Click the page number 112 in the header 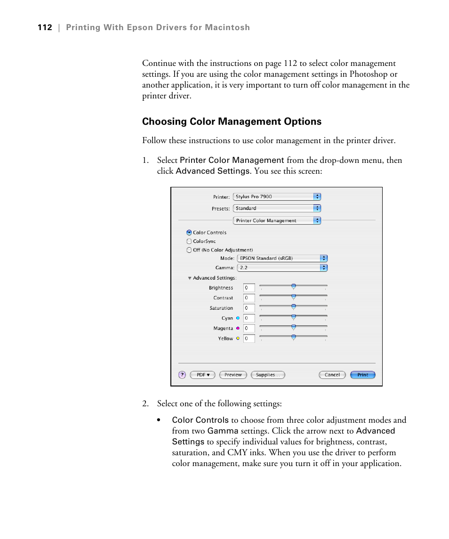(45, 28)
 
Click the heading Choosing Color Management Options (232, 121)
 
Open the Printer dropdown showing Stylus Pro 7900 (277, 197)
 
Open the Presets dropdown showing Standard (277, 208)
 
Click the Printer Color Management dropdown (277, 220)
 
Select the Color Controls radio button (189, 233)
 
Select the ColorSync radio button (189, 241)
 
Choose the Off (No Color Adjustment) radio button (189, 250)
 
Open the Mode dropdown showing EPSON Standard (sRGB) (282, 258)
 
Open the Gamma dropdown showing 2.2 (282, 267)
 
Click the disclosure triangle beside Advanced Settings (190, 278)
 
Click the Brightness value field (249, 288)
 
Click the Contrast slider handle (293, 297)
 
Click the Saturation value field (249, 308)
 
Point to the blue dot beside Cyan (238, 318)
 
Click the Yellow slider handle (293, 337)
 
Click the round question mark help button (182, 375)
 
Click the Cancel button (332, 375)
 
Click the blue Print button (363, 375)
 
